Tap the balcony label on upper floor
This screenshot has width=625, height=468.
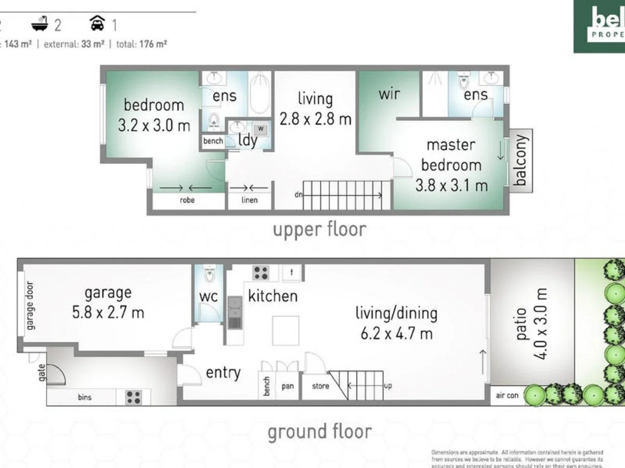pyautogui.click(x=520, y=160)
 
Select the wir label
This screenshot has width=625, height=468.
pyautogui.click(x=389, y=94)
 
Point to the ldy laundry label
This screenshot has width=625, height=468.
pyautogui.click(x=247, y=140)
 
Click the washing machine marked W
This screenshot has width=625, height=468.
pyautogui.click(x=261, y=128)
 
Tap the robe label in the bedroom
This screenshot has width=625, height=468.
pyautogui.click(x=187, y=200)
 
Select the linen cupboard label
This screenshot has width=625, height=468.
pyautogui.click(x=250, y=200)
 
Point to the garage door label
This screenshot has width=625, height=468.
pyautogui.click(x=31, y=306)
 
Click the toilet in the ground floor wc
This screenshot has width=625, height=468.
pyautogui.click(x=209, y=274)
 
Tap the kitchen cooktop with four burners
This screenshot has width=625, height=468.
pyautogui.click(x=260, y=273)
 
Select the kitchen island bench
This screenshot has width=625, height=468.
pyautogui.click(x=285, y=330)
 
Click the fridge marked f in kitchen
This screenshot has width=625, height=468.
pyautogui.click(x=292, y=272)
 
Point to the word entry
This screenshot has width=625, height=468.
pyautogui.click(x=223, y=372)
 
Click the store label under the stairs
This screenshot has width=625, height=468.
pyautogui.click(x=320, y=386)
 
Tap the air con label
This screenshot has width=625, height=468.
pyautogui.click(x=507, y=396)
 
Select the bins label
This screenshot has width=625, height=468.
pyautogui.click(x=84, y=397)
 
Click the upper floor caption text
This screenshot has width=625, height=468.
pyautogui.click(x=319, y=229)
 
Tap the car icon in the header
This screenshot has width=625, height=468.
pyautogui.click(x=97, y=23)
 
